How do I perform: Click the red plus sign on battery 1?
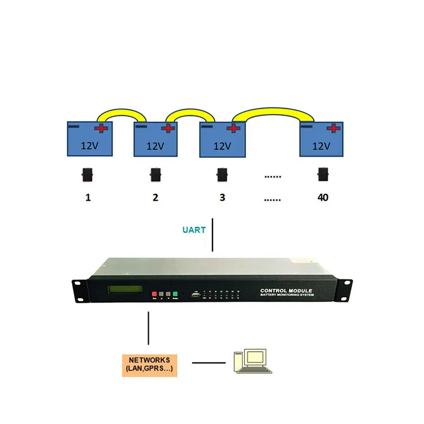(x=102, y=128)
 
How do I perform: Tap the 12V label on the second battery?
(x=155, y=145)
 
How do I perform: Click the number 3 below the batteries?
(x=222, y=198)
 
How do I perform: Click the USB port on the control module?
(x=196, y=294)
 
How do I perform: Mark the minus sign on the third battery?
(x=207, y=127)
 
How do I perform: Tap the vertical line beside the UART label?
(x=212, y=235)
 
